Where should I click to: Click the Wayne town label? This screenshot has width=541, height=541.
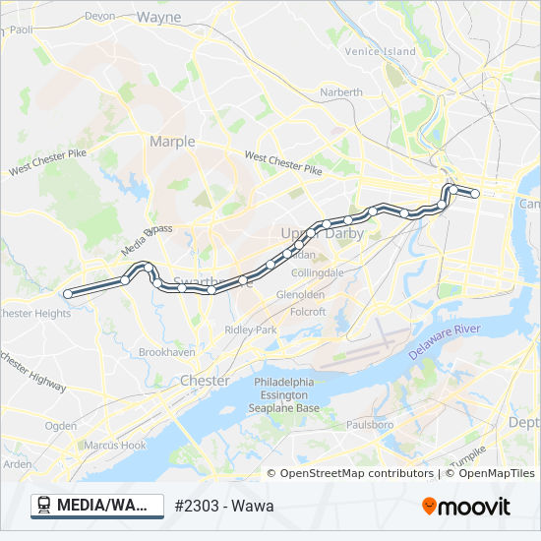click(x=158, y=17)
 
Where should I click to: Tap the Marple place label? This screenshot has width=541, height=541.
click(x=172, y=142)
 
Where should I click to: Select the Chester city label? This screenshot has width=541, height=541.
click(x=205, y=381)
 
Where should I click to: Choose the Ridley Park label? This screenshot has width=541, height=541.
click(x=251, y=330)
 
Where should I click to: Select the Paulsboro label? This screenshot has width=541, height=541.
click(x=370, y=425)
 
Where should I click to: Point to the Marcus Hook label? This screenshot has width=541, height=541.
click(x=114, y=445)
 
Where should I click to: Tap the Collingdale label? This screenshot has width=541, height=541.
click(x=318, y=271)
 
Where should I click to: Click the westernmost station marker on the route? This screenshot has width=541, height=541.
click(x=68, y=293)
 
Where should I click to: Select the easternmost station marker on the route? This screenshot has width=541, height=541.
click(x=475, y=194)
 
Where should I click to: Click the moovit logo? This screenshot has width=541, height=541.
click(x=466, y=507)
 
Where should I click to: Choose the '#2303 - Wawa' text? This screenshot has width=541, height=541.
click(x=223, y=507)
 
